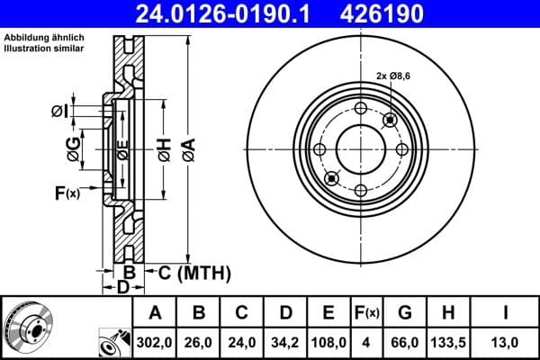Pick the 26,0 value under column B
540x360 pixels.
[200, 343]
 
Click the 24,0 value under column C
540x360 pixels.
[242, 343]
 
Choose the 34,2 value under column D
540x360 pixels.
[285, 343]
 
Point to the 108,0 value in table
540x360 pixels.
[329, 343]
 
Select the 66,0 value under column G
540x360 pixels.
[405, 343]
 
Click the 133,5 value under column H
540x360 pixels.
[448, 343]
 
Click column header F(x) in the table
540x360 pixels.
[368, 313]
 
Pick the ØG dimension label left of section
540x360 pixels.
[76, 146]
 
